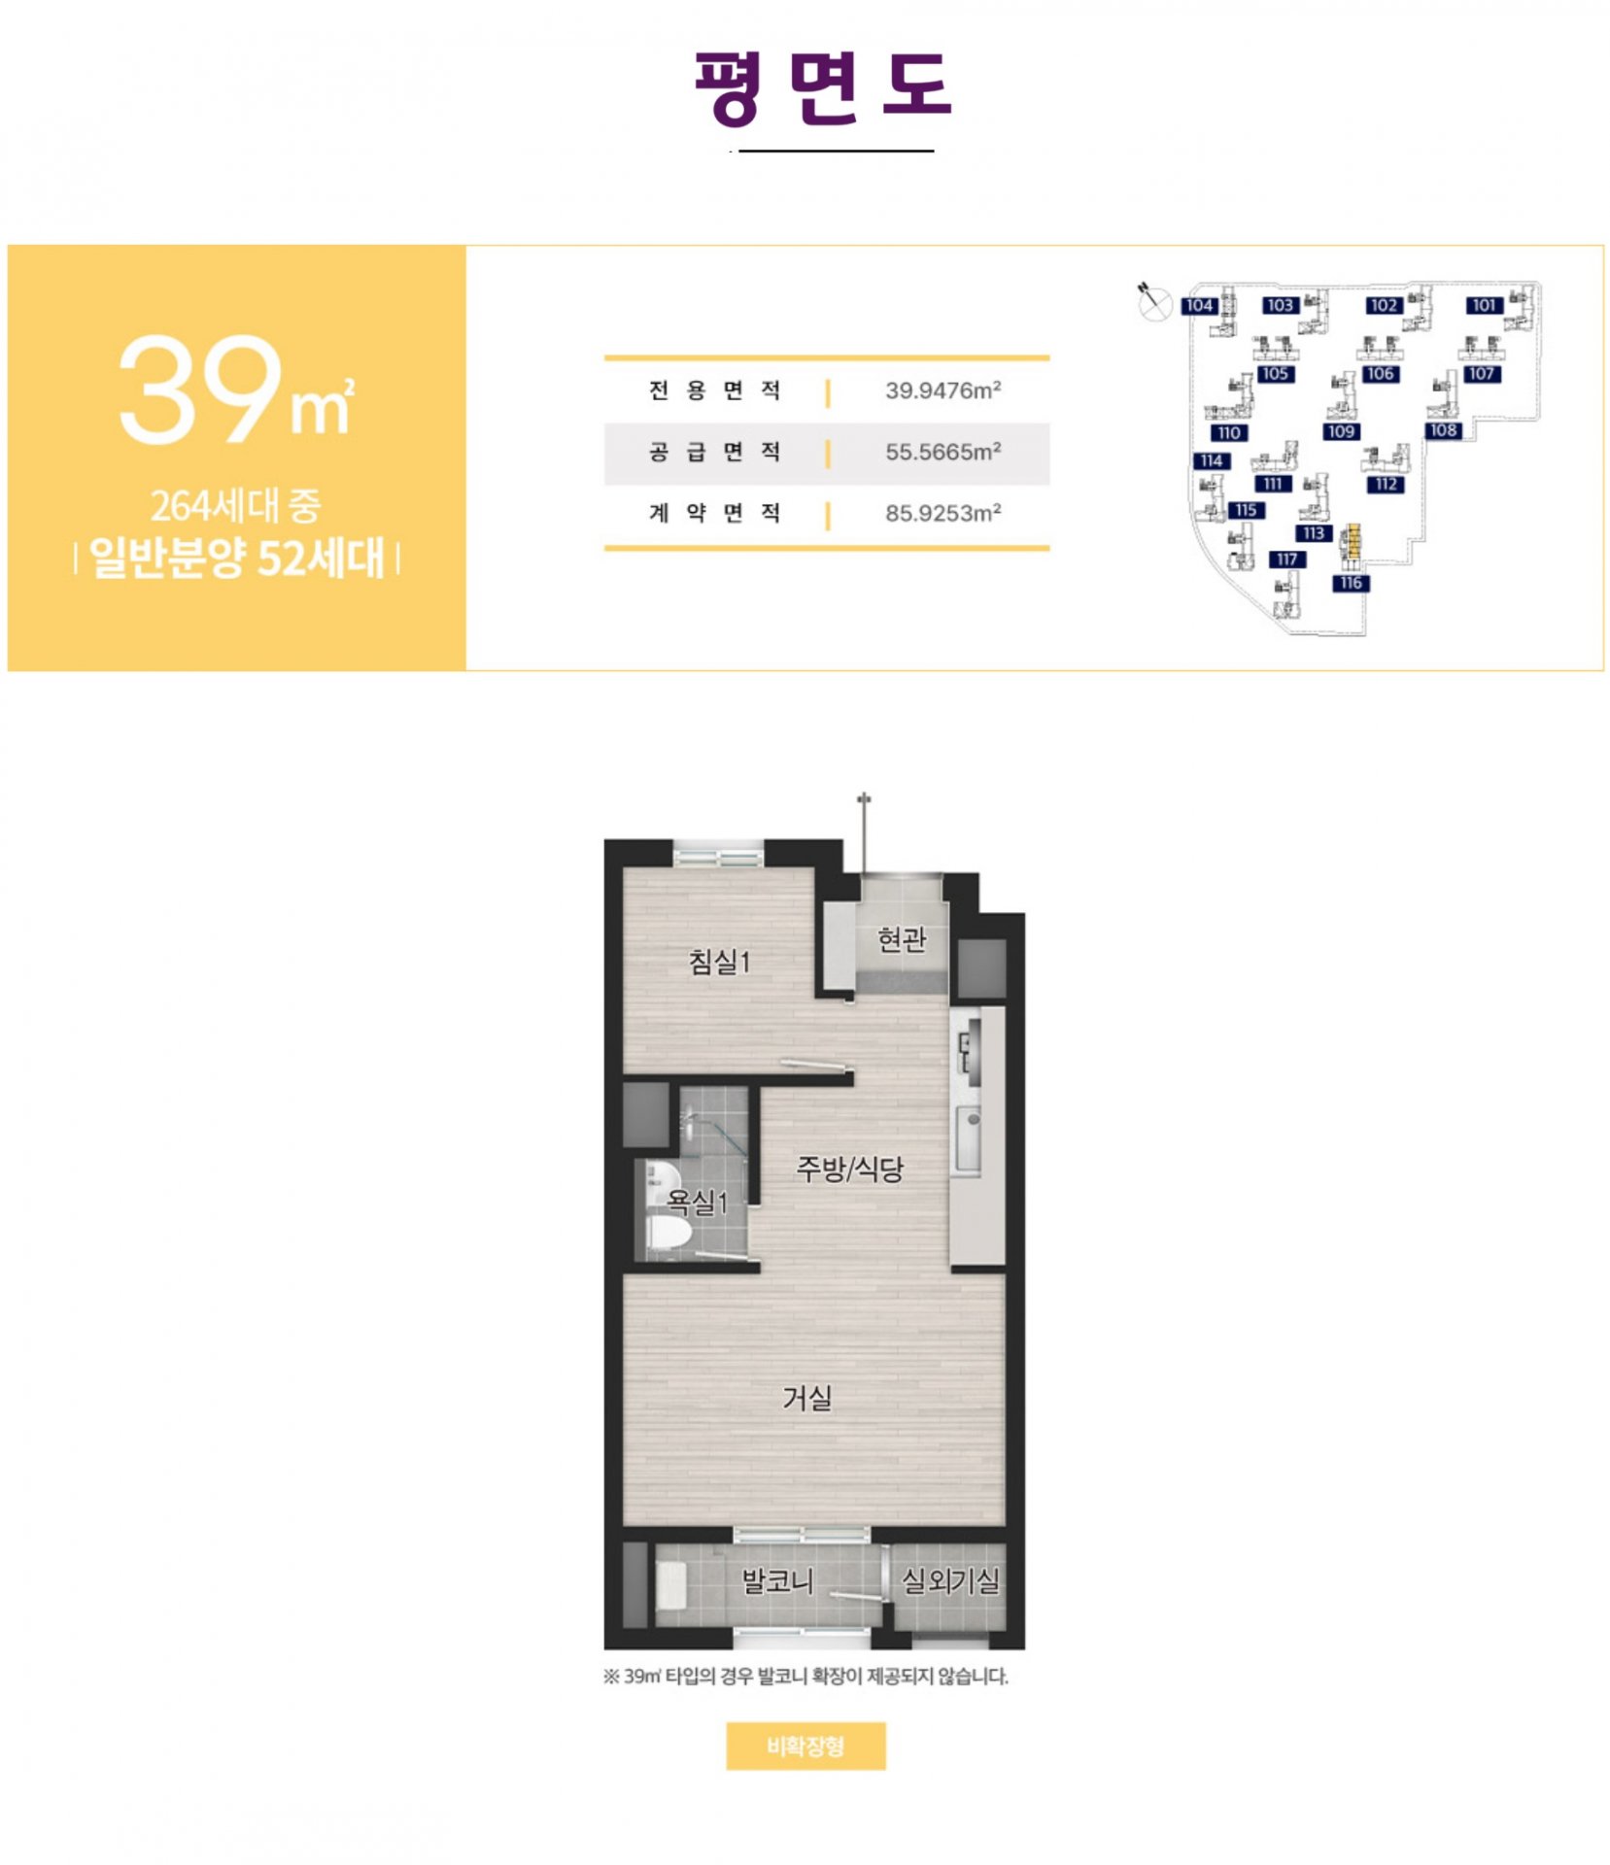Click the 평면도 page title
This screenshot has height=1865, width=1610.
[822, 87]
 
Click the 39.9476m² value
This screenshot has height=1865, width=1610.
[942, 390]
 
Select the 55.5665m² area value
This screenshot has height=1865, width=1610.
[942, 452]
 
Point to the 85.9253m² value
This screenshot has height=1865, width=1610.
[942, 513]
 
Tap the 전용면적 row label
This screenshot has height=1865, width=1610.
[714, 390]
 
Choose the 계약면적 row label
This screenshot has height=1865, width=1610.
[714, 513]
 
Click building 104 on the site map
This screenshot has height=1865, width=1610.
[1199, 305]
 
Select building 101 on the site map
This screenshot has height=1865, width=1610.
[1484, 305]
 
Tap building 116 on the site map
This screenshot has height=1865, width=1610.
[1351, 583]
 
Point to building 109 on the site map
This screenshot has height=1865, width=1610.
[1341, 431]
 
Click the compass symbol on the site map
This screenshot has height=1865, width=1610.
[1153, 302]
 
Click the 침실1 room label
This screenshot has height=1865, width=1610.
[719, 962]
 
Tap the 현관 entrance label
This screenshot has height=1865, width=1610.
[902, 939]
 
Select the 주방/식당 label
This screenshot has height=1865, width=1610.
[849, 1168]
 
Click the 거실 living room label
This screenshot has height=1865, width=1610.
[807, 1398]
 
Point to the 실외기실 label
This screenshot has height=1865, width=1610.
[950, 1580]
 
